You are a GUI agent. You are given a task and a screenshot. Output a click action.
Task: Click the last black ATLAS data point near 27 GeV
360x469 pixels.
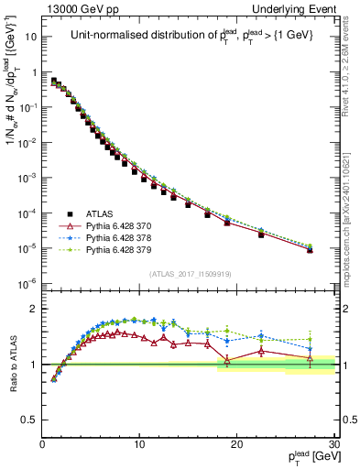pos(310,249)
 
